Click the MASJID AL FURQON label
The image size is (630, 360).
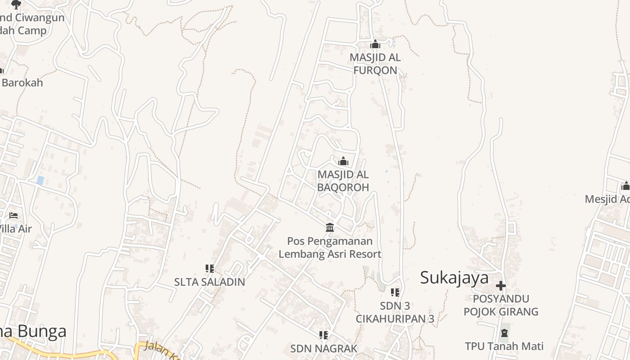375,64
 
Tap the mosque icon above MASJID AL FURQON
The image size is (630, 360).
375,44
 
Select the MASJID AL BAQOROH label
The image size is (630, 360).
343,180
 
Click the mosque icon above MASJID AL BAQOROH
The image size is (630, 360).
343,161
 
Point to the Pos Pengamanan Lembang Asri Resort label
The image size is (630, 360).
330,247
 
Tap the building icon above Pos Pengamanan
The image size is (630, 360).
330,227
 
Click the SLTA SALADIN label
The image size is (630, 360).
210,282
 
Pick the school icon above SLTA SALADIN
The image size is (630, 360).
210,269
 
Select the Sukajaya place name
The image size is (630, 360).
454,278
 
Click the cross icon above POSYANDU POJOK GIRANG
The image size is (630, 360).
501,286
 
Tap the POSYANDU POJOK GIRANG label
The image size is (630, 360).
501,305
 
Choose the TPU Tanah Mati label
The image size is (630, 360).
504,346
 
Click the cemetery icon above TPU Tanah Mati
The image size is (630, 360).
504,333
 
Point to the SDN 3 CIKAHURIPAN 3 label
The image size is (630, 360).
395,312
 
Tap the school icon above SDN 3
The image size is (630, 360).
395,292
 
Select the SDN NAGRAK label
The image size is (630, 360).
324,348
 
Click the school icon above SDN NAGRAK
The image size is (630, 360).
324,335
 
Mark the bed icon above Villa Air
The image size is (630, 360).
13,216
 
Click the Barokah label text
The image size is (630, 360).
22,83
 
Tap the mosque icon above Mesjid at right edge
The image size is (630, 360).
625,186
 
